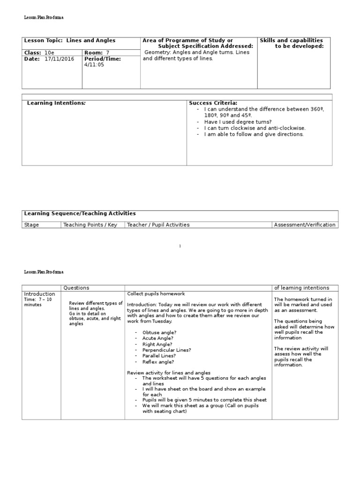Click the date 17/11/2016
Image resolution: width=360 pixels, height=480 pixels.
point(60,59)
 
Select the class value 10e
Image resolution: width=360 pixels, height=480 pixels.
point(49,52)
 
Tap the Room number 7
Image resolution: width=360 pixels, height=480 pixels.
point(107,52)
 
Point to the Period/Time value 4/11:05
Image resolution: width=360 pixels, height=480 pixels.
point(94,65)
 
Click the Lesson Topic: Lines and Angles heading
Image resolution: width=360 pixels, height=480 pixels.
point(70,41)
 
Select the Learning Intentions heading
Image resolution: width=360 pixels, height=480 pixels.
point(56,103)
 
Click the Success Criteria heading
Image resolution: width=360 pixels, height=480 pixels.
point(213,103)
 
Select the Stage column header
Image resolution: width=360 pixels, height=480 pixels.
point(31,225)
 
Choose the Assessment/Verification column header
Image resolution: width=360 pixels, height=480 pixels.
point(305,225)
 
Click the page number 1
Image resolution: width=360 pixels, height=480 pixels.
point(180,246)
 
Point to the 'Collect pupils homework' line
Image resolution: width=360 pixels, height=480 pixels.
point(156,294)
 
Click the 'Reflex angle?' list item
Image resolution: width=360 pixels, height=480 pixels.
point(158,362)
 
